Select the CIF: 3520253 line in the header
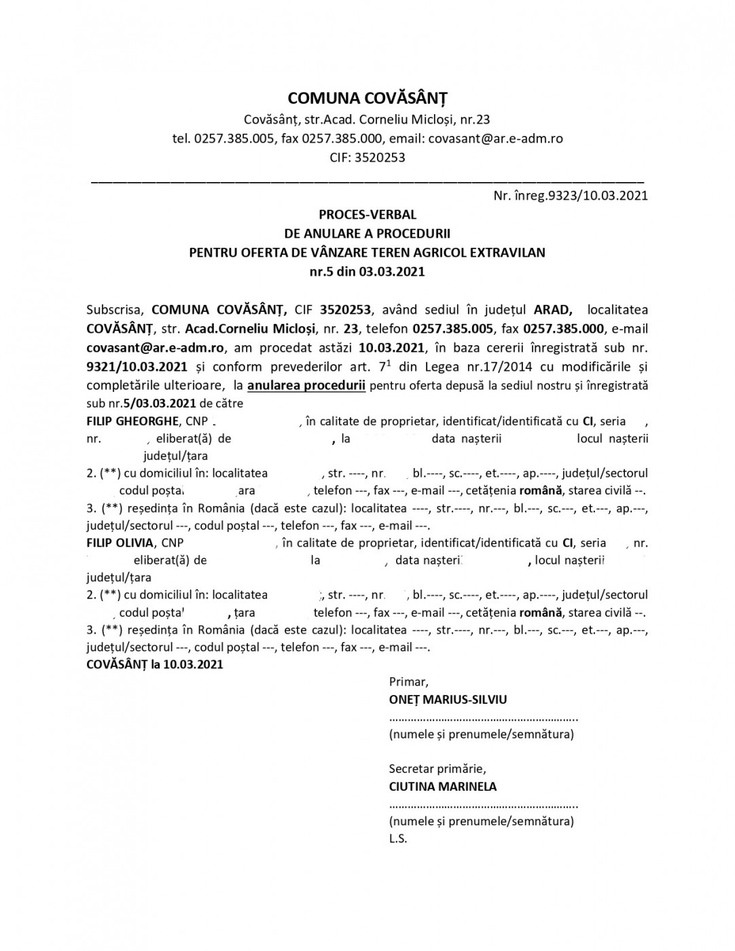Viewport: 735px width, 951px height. pos(367,158)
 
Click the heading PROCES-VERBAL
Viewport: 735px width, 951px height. pos(367,215)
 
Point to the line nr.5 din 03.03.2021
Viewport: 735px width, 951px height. pos(367,272)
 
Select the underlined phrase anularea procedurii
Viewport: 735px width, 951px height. pos(306,386)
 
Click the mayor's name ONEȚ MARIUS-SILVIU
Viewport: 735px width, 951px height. pos(448,700)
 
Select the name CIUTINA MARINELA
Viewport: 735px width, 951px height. pos(442,787)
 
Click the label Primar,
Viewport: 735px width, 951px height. pos(408,681)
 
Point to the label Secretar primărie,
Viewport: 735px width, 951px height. pos(437,769)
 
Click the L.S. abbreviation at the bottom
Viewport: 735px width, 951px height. pos(398,839)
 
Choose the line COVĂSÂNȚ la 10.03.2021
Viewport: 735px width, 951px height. pos(155,664)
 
